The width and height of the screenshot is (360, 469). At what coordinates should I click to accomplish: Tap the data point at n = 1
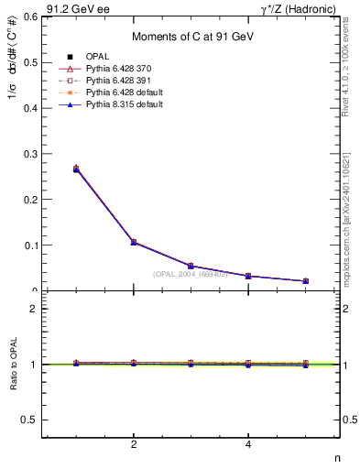pos(76,169)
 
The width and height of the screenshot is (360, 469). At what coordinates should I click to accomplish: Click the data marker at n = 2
pos(134,242)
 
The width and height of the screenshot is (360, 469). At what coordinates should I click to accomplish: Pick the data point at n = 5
pos(306,281)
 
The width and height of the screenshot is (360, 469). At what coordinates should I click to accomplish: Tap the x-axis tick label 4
pos(248,445)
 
